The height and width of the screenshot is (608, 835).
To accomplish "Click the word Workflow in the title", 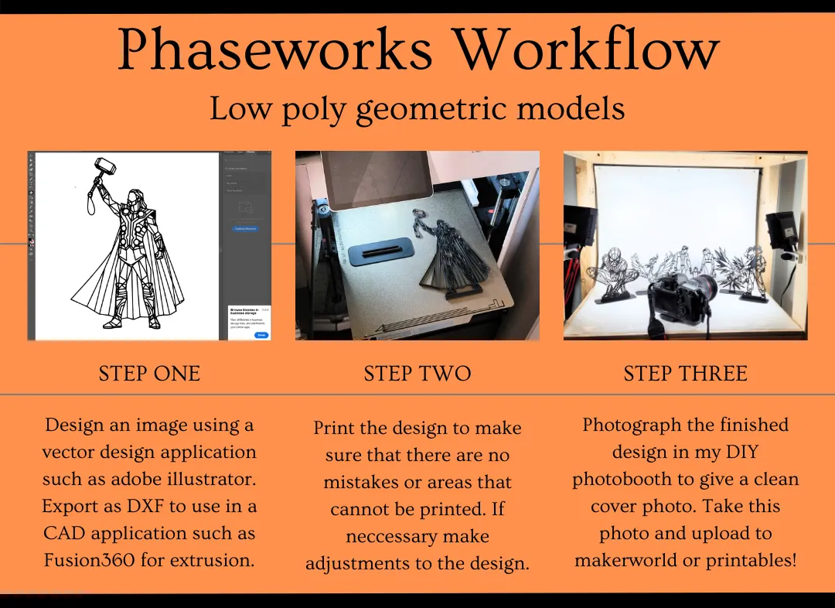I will coord(585,51).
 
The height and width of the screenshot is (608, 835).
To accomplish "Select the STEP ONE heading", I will coord(149,374).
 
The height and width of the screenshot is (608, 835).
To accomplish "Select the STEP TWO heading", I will coord(417,374).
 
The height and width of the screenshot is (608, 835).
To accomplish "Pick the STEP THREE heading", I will coord(685,374).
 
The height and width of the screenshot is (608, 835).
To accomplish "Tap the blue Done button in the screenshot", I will coord(261,334).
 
